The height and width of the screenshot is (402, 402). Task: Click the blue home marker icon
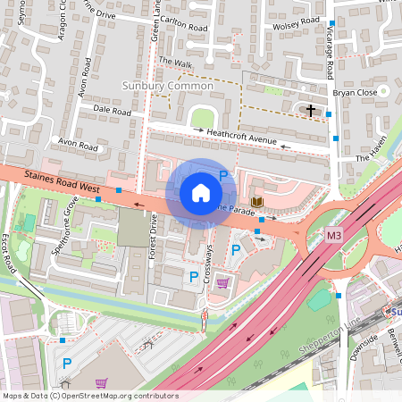201,193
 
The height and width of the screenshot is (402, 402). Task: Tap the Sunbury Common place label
166,86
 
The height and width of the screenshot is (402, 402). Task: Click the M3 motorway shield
333,234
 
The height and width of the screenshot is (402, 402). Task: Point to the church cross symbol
311,111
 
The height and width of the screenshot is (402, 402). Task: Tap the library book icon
257,205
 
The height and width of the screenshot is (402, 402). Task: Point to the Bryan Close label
353,92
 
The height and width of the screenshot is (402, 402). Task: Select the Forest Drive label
154,230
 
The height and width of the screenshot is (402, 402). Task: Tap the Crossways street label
208,264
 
